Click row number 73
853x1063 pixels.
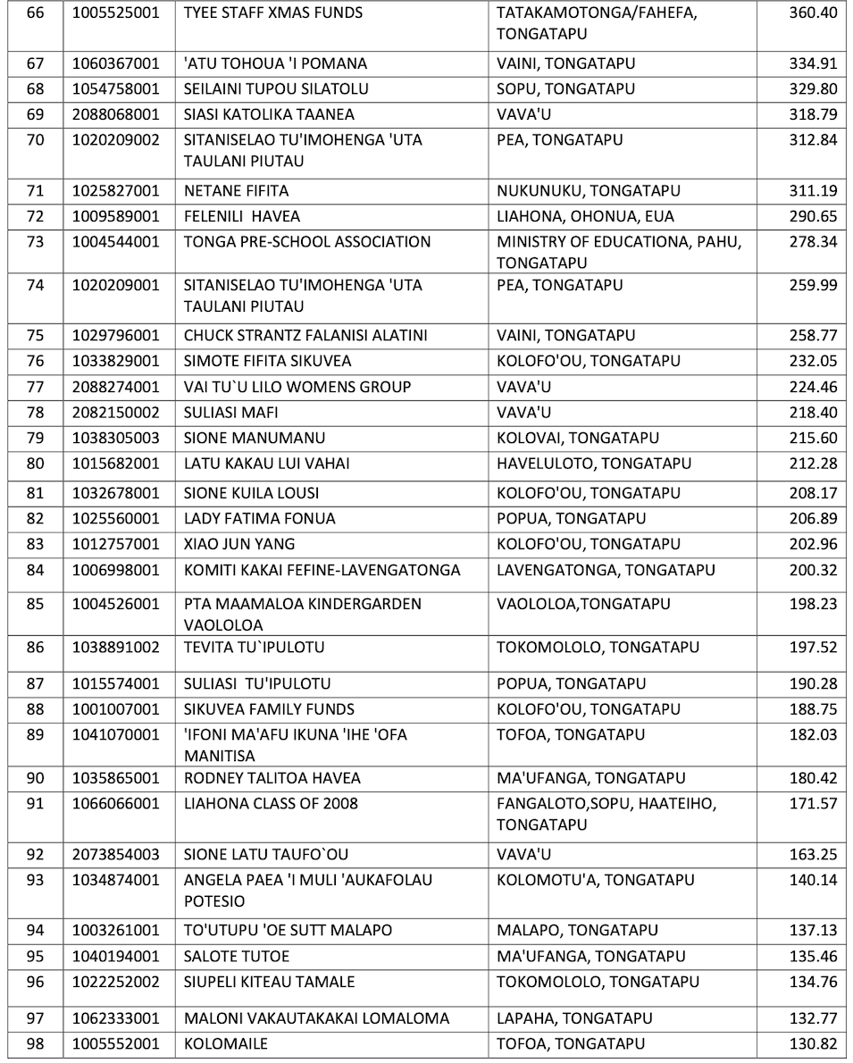[36, 242]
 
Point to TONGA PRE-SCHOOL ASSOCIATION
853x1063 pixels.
[307, 242]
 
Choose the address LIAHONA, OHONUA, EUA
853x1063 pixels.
[585, 216]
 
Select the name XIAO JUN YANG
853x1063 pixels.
[239, 544]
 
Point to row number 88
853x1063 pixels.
[36, 709]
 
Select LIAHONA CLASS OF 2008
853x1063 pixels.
[271, 804]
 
